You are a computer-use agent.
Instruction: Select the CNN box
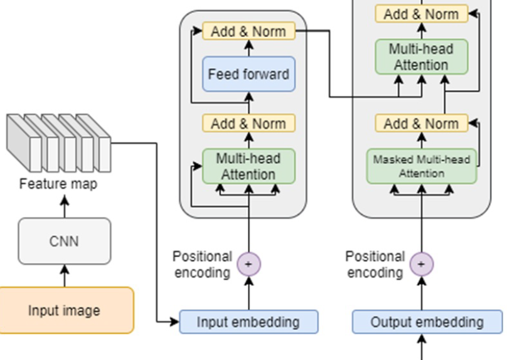tap(64, 241)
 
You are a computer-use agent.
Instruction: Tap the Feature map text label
tap(58, 184)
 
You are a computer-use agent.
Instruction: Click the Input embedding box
tap(248, 322)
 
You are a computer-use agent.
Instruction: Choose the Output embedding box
tap(427, 322)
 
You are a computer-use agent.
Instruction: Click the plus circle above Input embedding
tap(248, 264)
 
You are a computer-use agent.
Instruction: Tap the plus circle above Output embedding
tap(421, 264)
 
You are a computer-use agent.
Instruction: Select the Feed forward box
tap(248, 75)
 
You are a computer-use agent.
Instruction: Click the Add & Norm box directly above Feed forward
tap(248, 31)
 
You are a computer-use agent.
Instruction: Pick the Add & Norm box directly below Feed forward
tap(248, 123)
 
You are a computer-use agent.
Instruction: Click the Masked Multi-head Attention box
tap(421, 166)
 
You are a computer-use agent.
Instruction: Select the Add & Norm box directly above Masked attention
tap(421, 123)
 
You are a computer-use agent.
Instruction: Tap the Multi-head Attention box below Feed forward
tap(248, 166)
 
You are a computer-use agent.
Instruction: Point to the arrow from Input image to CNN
tap(64, 275)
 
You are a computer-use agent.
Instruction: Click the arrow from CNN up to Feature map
tap(64, 206)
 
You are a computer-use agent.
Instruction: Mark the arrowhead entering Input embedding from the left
tap(175, 322)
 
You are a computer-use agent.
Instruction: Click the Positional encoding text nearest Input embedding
tap(202, 264)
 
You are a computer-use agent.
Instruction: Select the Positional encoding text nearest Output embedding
tap(375, 264)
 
